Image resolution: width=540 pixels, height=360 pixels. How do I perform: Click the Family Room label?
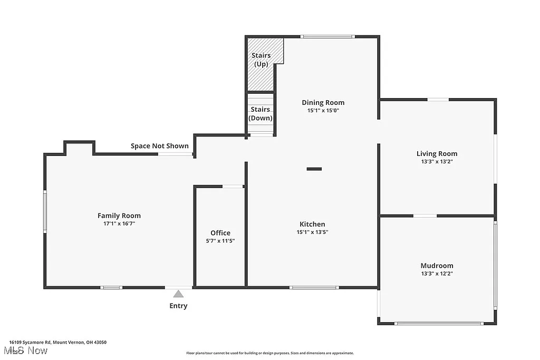(x=119, y=216)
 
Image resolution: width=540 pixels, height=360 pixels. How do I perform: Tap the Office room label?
(x=220, y=233)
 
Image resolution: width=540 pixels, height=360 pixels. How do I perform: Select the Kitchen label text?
(x=312, y=224)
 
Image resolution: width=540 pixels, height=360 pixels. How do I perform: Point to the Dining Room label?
(x=323, y=102)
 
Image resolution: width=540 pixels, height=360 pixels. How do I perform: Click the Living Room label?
(x=437, y=153)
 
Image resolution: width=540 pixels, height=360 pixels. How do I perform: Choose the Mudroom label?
(x=437, y=266)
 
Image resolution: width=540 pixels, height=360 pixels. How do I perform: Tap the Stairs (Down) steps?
(x=261, y=115)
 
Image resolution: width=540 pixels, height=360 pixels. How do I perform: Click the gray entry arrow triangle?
(x=179, y=294)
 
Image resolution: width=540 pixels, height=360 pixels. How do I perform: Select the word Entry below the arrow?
(x=178, y=306)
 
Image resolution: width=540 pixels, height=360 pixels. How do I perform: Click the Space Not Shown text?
(x=159, y=146)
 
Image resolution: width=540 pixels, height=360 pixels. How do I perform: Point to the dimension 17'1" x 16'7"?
(x=119, y=223)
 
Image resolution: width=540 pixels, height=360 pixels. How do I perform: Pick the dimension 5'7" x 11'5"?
(x=220, y=241)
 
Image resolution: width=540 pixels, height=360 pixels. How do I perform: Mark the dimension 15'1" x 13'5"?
(x=312, y=232)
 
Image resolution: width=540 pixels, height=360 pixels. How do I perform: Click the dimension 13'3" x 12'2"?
(x=437, y=274)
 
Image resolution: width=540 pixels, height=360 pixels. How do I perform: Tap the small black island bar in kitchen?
(x=314, y=169)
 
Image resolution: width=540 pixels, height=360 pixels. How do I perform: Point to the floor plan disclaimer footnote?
(x=269, y=353)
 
